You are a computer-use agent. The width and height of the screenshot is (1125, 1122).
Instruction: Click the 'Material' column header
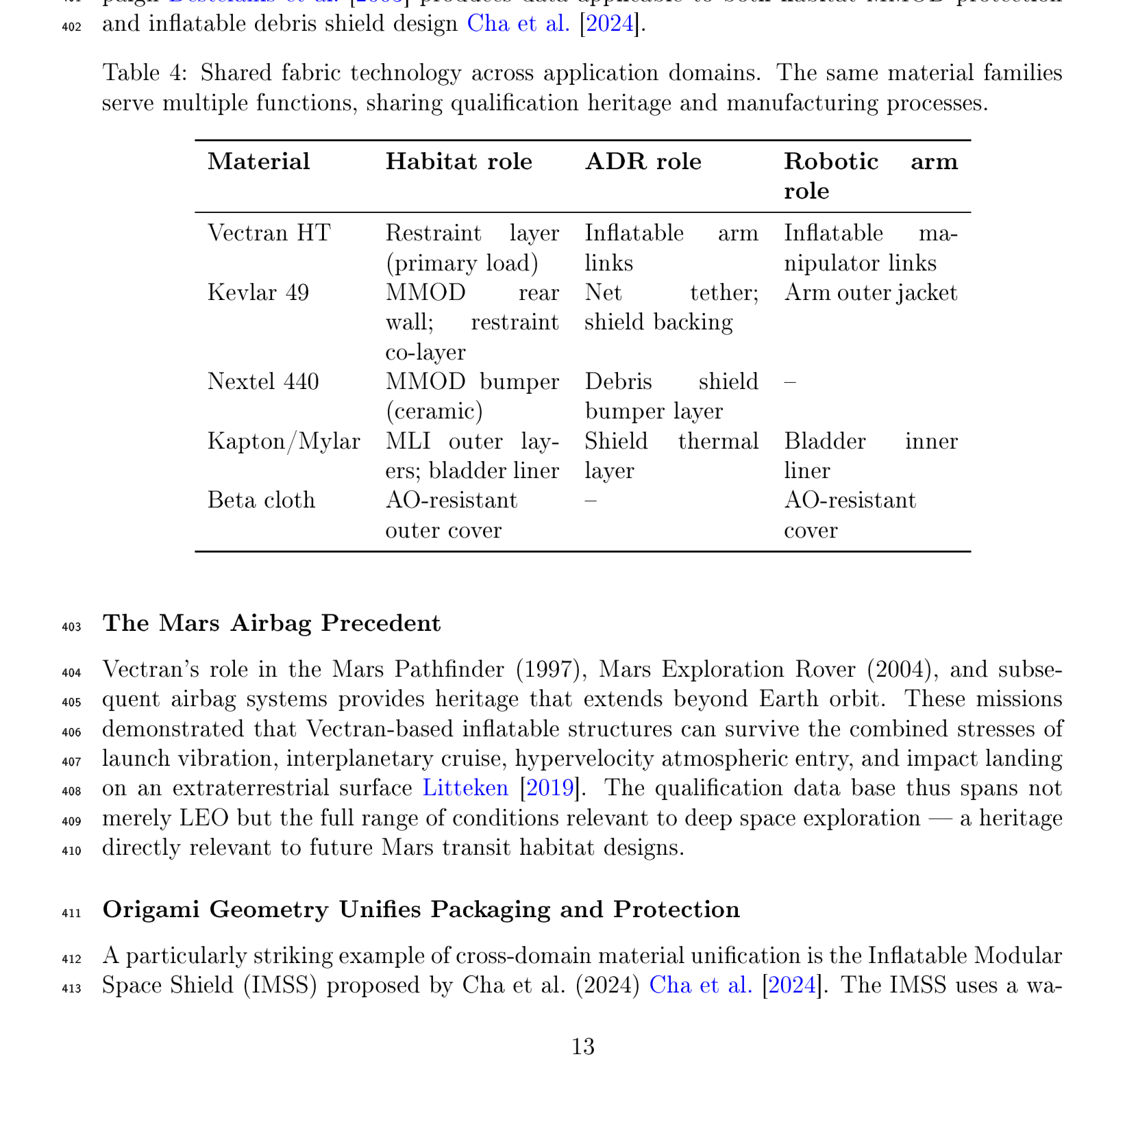tap(258, 162)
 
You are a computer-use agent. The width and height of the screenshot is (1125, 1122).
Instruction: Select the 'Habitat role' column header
tap(458, 162)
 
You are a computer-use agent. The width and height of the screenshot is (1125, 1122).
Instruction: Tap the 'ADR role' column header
tap(643, 162)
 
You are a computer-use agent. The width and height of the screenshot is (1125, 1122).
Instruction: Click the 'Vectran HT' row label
tap(269, 234)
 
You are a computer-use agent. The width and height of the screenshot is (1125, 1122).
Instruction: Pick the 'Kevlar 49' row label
tap(258, 293)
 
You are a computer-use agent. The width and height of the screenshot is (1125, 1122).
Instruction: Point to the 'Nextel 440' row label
tap(263, 382)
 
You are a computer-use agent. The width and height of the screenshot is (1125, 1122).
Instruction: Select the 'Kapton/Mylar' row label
tap(284, 441)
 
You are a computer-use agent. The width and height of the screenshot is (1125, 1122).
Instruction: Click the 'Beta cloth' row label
tap(261, 501)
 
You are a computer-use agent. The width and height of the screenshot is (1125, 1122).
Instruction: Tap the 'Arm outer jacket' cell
tap(870, 293)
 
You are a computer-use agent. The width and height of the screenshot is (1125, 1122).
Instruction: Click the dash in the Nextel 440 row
tap(790, 382)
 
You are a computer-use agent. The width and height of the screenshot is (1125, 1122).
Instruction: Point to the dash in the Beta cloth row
tap(590, 501)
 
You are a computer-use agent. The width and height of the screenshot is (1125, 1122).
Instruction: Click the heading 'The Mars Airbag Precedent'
tap(271, 623)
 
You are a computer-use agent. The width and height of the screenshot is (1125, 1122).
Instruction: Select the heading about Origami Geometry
tap(421, 910)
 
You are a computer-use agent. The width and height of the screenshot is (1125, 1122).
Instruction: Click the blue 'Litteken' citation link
tap(465, 788)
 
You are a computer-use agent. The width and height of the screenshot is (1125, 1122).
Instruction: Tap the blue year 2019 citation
tap(549, 788)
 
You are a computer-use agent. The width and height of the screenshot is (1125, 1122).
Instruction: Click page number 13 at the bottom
tap(582, 1047)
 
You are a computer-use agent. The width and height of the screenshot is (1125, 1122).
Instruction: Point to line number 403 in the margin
tap(71, 627)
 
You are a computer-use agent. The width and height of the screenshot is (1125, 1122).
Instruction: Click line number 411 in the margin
tap(71, 913)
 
